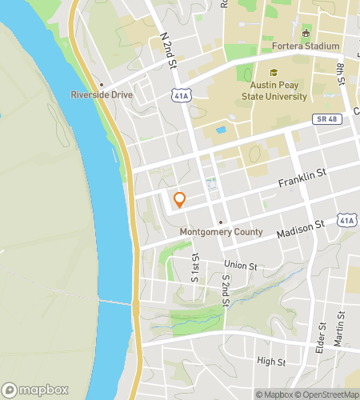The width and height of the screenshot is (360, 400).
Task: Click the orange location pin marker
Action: pyautogui.click(x=179, y=200)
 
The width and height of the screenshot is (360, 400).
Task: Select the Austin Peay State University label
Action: pyautogui.click(x=274, y=91)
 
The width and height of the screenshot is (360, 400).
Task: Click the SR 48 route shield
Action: pyautogui.click(x=323, y=118)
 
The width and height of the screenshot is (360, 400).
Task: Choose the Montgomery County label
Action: pyautogui.click(x=221, y=233)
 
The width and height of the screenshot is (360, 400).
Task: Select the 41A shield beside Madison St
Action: pyautogui.click(x=346, y=219)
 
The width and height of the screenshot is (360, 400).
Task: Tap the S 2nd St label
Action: pyautogui.click(x=227, y=284)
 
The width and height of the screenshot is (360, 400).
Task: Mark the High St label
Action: pyautogui.click(x=271, y=362)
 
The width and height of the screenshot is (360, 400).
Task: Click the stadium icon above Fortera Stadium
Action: pyautogui.click(x=305, y=34)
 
